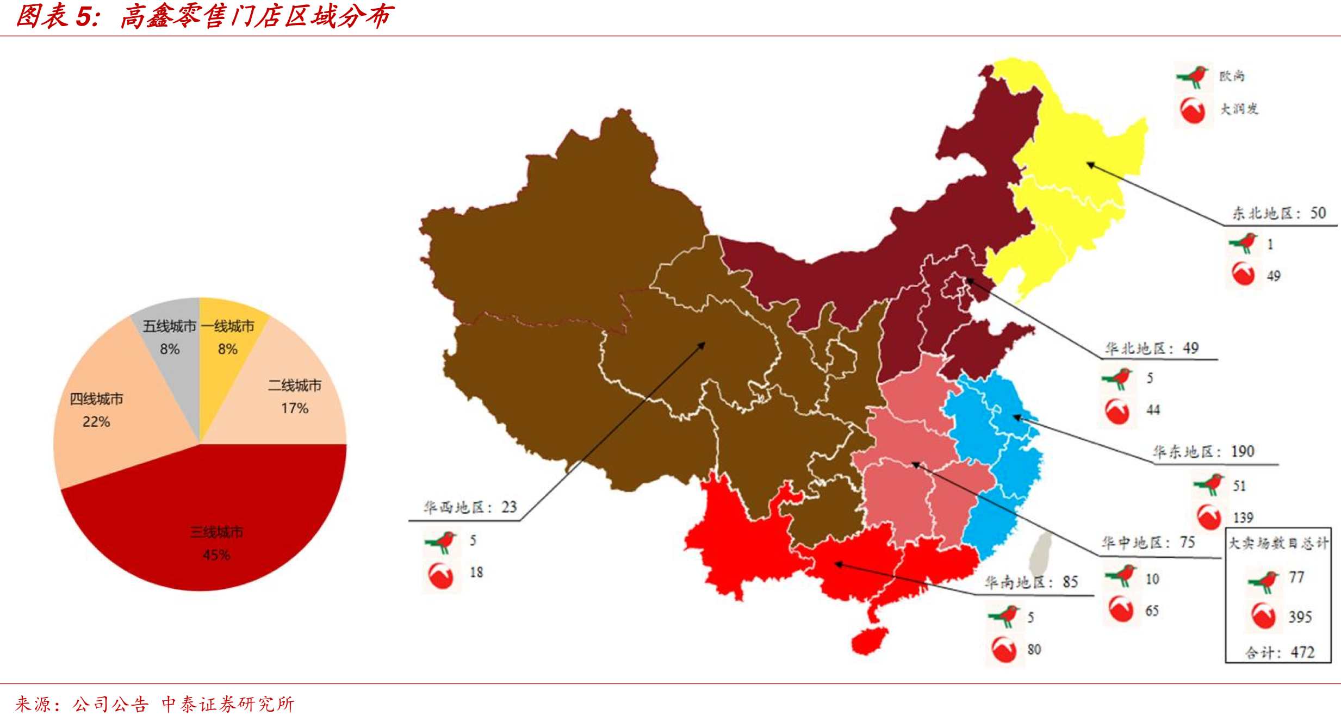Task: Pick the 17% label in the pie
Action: tap(295, 408)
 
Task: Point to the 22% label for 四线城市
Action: tap(96, 421)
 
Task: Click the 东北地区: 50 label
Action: tap(1278, 213)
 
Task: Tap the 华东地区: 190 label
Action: tap(1203, 452)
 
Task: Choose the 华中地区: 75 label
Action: tap(1148, 543)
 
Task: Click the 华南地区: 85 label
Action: tap(1031, 582)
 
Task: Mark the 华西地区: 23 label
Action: tap(470, 507)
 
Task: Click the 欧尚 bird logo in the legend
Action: tap(1192, 76)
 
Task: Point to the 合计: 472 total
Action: tap(1280, 652)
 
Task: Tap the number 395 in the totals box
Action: tap(1300, 617)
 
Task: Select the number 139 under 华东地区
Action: tap(1243, 517)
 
